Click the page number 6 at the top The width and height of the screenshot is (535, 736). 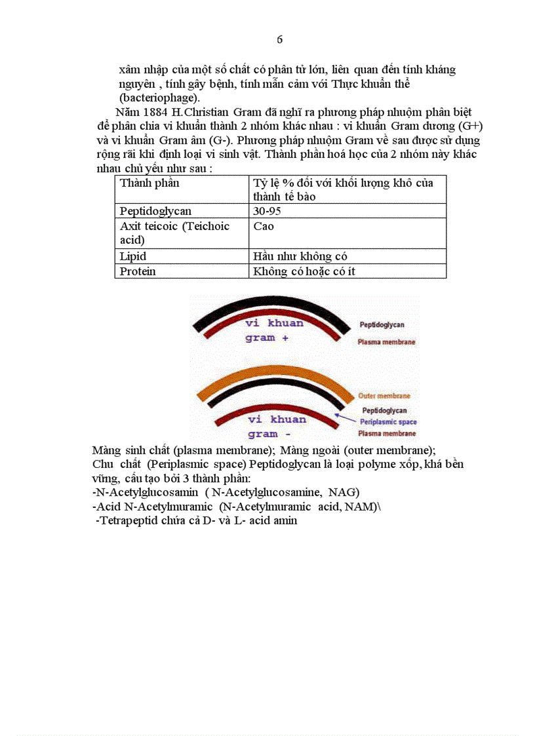280,39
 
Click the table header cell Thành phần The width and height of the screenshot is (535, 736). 149,183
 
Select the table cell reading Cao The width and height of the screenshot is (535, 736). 264,226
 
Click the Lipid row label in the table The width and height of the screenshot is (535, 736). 133,256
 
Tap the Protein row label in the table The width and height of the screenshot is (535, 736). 138,271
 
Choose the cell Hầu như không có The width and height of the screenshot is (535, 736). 300,256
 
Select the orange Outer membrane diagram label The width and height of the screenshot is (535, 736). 384,396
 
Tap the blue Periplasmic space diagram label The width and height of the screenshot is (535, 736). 388,422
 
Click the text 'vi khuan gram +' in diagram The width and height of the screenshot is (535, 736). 274,330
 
